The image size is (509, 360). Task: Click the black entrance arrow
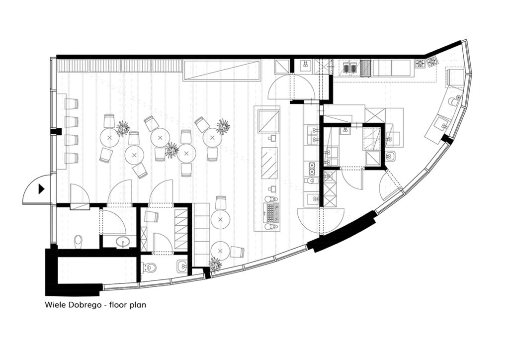pos(41,189)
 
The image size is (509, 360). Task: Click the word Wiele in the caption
pos(53,305)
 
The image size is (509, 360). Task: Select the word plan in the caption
pos(138,306)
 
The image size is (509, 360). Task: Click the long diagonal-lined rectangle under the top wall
pos(222,70)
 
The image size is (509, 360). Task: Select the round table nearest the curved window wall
pos(220,251)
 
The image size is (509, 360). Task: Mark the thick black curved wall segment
pos(342,231)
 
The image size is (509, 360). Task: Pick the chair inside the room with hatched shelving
pos(151,216)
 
